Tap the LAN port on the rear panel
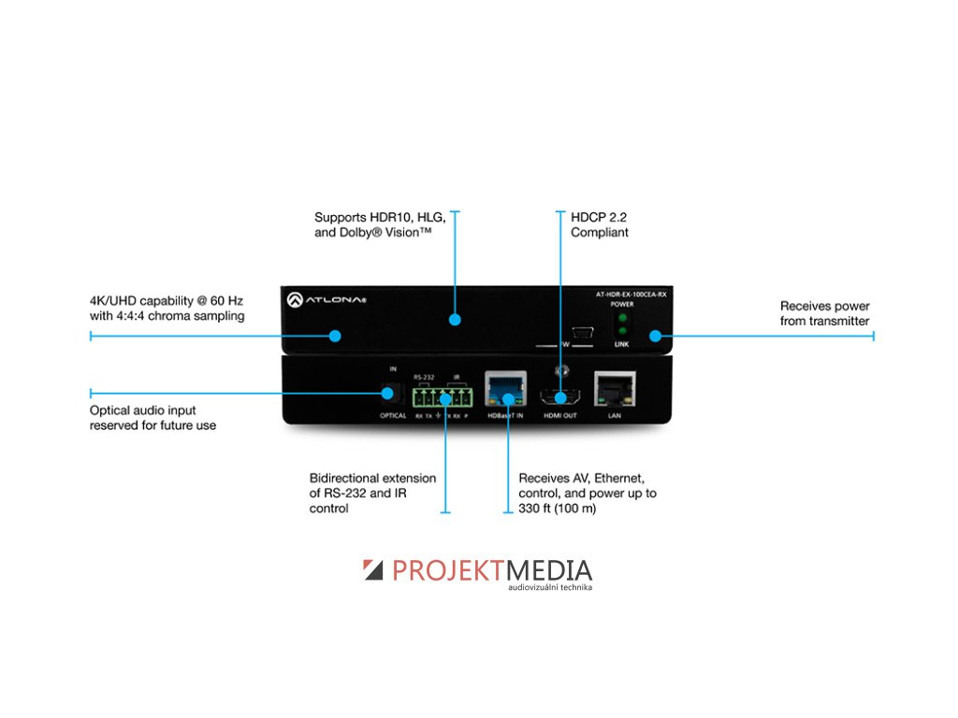point(615,387)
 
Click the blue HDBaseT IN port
point(506,388)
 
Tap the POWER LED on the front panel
point(622,319)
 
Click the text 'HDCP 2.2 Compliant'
point(600,223)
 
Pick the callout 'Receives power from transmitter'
point(824,313)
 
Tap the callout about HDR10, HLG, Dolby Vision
point(379,223)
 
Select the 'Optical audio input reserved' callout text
point(152,418)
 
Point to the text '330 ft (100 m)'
point(558,509)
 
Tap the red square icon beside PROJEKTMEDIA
point(373,569)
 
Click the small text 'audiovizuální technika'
point(550,587)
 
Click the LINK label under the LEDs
point(622,344)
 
